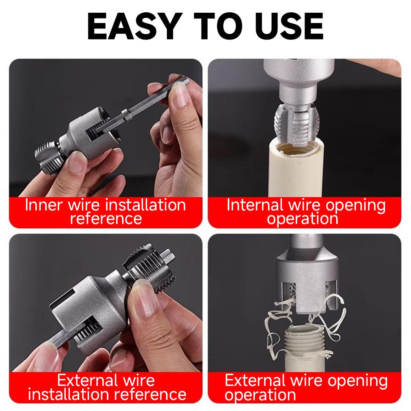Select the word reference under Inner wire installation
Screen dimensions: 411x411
[x=106, y=218]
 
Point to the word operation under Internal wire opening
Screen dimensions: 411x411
[x=303, y=218]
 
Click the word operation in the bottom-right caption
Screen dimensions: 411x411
[x=260, y=395]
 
